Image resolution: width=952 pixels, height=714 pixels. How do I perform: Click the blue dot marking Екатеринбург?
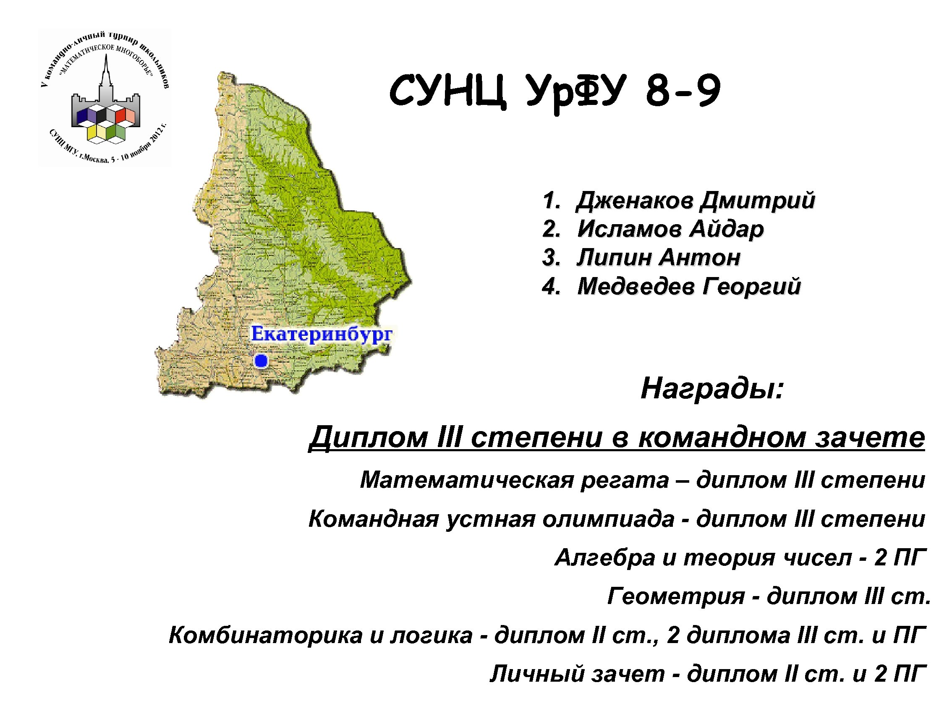click(261, 361)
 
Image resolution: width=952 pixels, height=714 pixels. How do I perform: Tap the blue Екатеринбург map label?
click(322, 335)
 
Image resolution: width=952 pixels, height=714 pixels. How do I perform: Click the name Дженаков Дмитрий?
click(696, 201)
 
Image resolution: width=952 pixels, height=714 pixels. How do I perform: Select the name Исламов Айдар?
click(670, 228)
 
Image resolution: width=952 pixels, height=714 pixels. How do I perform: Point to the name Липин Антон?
click(659, 257)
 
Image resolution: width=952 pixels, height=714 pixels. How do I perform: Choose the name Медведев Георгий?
click(689, 286)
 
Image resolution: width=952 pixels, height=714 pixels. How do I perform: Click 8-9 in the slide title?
click(683, 91)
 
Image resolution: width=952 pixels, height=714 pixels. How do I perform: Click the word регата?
click(625, 480)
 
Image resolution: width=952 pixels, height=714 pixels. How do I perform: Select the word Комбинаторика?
click(266, 635)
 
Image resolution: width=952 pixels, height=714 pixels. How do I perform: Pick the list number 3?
click(550, 258)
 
